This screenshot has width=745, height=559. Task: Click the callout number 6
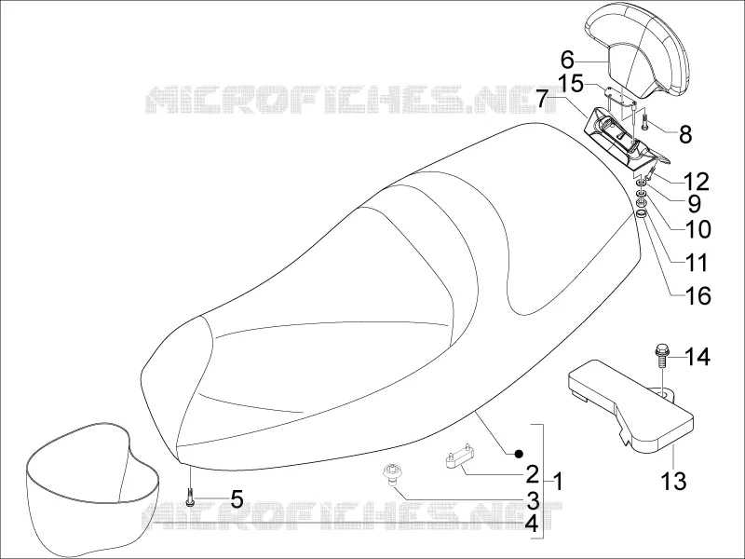pyautogui.click(x=567, y=61)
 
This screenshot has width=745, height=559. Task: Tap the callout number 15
pyautogui.click(x=570, y=84)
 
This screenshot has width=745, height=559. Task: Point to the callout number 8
pyautogui.click(x=685, y=134)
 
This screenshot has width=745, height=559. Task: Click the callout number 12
pyautogui.click(x=696, y=181)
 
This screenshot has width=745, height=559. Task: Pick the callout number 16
pyautogui.click(x=698, y=296)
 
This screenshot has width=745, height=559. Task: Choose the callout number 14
pyautogui.click(x=698, y=357)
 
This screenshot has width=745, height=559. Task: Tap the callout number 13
pyautogui.click(x=673, y=481)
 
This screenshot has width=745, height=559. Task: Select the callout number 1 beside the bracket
pyautogui.click(x=559, y=482)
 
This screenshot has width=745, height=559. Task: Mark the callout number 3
pyautogui.click(x=533, y=500)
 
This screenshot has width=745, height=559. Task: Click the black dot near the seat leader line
pyautogui.click(x=519, y=454)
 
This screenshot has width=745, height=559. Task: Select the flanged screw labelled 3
pyautogui.click(x=390, y=475)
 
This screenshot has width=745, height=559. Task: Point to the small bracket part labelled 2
pyautogui.click(x=458, y=455)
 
